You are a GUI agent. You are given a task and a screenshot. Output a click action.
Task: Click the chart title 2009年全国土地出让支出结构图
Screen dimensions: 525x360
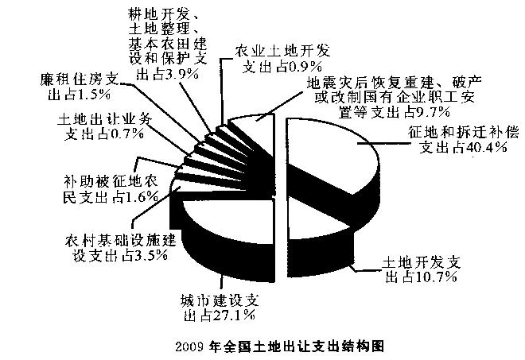[279, 346]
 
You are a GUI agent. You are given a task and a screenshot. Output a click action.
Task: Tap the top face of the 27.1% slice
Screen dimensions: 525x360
[227, 221]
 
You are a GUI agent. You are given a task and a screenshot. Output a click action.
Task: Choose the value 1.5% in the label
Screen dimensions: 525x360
[93, 95]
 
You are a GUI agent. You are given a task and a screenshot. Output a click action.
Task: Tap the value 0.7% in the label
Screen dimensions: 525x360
[127, 134]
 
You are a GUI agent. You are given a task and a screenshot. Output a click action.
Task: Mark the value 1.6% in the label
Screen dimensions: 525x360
[142, 197]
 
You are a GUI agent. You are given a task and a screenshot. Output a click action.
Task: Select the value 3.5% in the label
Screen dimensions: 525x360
[150, 256]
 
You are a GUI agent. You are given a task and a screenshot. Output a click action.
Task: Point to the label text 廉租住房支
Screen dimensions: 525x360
[80, 79]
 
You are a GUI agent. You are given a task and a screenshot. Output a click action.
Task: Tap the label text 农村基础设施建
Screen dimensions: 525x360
[121, 240]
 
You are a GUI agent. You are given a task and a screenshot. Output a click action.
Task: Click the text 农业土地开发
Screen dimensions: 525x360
[282, 51]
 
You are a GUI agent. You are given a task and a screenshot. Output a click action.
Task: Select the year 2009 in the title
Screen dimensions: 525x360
[189, 347]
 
